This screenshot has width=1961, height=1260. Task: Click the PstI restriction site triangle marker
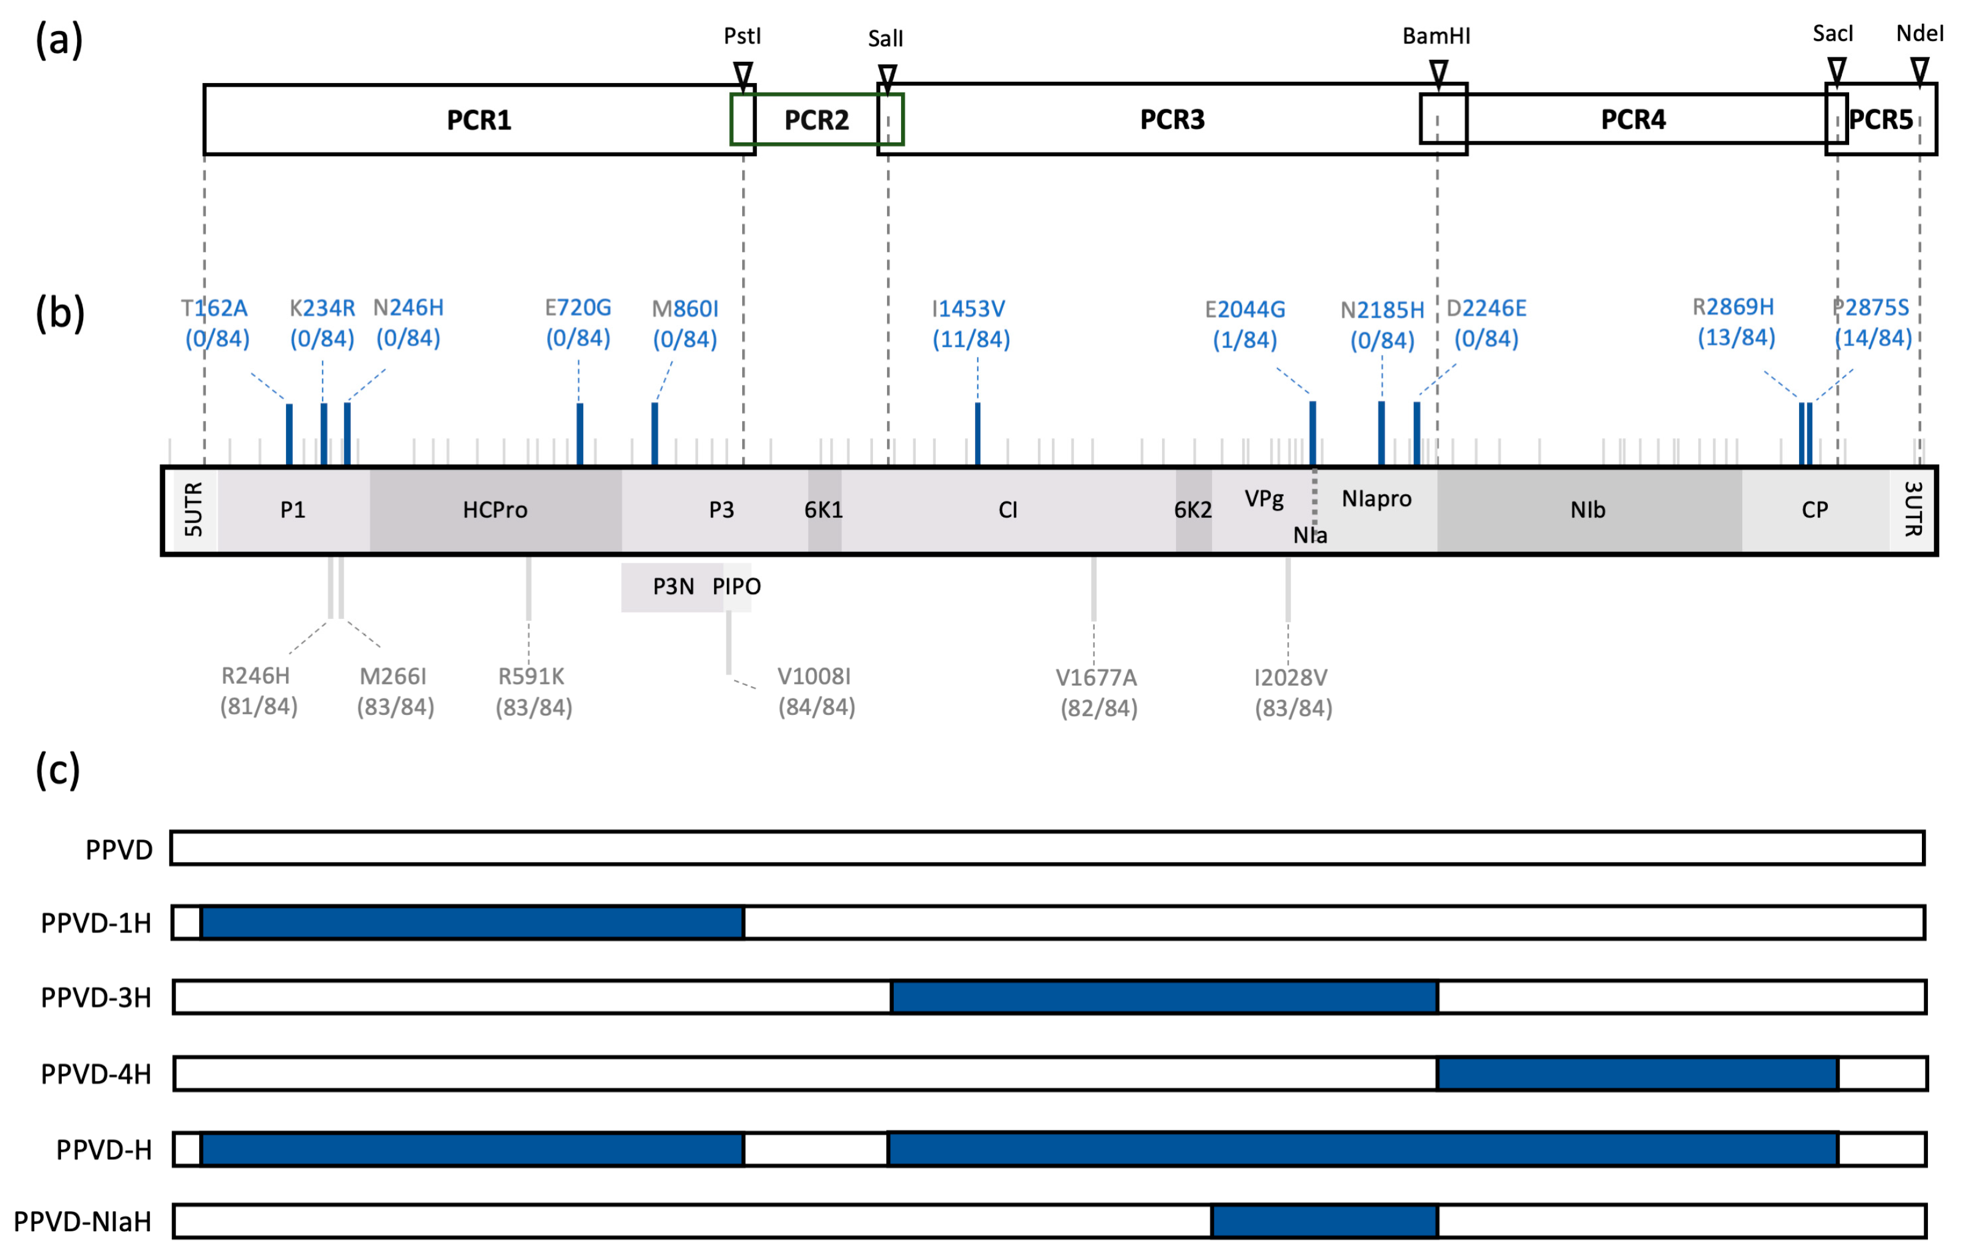click(x=742, y=75)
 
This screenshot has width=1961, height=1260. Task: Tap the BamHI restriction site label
click(x=1435, y=36)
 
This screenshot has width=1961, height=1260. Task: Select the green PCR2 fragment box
click(x=816, y=119)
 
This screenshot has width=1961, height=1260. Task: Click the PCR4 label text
click(x=1633, y=119)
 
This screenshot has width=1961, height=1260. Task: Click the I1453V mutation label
click(x=971, y=324)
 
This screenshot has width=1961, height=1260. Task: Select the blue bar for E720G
click(x=579, y=434)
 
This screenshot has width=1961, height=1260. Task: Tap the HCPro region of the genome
click(x=495, y=510)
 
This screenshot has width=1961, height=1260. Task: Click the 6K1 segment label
click(x=823, y=510)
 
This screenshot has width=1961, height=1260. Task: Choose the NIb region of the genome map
click(x=1588, y=510)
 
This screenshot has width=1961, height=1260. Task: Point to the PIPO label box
click(x=737, y=587)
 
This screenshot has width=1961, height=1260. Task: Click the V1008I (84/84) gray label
click(x=816, y=691)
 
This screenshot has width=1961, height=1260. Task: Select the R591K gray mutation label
click(x=533, y=691)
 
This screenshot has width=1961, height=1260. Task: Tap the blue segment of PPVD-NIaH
click(x=1323, y=1221)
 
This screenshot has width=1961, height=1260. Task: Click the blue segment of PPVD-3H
click(x=1163, y=997)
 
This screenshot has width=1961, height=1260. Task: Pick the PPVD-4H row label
click(x=96, y=1074)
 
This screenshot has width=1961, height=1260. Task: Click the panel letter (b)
click(x=60, y=313)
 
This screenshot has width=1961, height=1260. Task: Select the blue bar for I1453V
click(x=977, y=434)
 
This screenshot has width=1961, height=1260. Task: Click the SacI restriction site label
click(x=1831, y=34)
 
